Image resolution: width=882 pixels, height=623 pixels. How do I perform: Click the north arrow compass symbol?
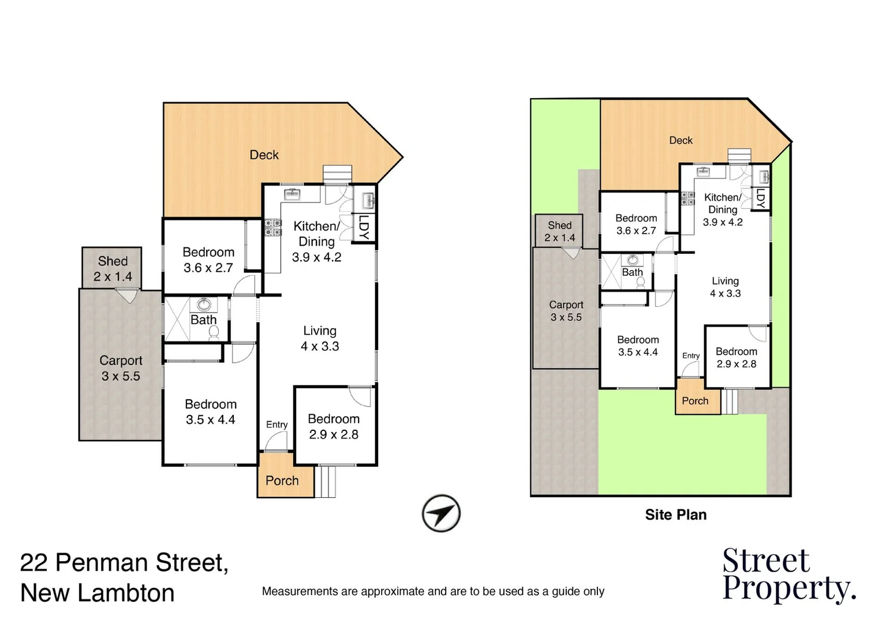441,513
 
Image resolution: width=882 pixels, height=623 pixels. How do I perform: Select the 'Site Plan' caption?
675,515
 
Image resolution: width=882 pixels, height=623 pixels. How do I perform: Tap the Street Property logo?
788,575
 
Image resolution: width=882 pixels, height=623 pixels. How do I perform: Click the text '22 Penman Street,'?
124,562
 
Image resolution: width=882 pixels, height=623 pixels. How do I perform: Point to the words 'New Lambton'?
97,593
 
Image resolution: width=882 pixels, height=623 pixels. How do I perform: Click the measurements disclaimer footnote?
433,591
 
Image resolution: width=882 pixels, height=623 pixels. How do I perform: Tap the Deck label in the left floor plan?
264,155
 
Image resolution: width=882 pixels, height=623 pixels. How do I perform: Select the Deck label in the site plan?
681,140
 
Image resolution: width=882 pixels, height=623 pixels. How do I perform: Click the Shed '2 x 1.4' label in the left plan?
113,269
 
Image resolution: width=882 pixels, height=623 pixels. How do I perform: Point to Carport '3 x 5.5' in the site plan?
566,311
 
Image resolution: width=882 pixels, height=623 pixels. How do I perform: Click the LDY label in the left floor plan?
364,227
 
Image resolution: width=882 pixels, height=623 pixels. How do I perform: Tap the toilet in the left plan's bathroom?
213,332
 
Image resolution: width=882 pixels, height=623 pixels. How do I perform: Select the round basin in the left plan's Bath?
203,305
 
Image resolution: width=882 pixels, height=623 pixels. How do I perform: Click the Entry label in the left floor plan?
276,425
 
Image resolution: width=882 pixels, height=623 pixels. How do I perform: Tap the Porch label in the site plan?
695,401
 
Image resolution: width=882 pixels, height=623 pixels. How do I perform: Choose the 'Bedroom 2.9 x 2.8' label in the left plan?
334,427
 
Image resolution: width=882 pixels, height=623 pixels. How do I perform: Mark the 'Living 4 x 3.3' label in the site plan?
725,287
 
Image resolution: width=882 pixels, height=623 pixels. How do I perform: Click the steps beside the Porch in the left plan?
326,482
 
